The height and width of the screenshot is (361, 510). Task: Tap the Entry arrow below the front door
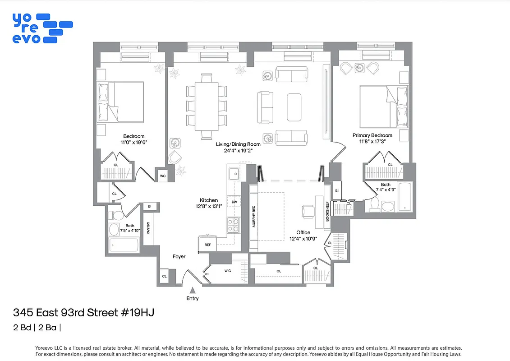[193, 291]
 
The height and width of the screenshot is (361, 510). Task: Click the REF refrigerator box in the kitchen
[207, 244]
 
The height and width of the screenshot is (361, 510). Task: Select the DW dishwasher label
[234, 202]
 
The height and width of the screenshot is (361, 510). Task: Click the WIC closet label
[228, 271]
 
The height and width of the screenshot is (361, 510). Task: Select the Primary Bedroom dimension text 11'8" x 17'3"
[372, 141]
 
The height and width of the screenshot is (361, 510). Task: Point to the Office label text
[303, 232]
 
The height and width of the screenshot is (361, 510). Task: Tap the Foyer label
[179, 256]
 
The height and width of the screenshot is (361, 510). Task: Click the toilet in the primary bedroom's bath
[374, 205]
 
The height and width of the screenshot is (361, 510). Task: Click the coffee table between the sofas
[294, 107]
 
